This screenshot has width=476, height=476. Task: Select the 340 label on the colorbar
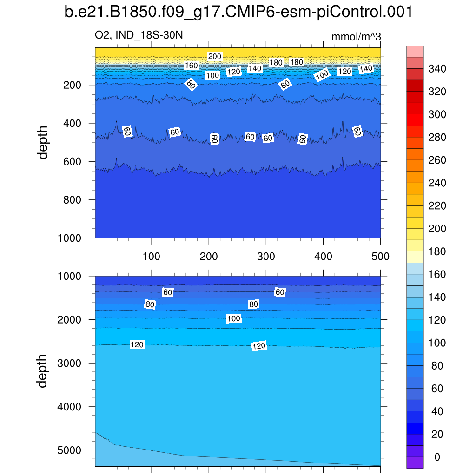(x=437, y=69)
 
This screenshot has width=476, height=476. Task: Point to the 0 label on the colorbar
(x=436, y=457)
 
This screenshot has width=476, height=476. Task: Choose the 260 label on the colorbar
(x=437, y=160)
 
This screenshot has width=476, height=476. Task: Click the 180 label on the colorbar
(x=437, y=252)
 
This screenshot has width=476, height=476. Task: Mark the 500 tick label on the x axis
(x=380, y=256)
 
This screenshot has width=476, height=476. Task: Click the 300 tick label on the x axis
(x=266, y=256)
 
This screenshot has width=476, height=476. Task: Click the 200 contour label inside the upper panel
(x=215, y=57)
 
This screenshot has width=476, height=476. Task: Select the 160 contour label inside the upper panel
(x=191, y=66)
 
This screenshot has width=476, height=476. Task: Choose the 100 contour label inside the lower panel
(x=234, y=318)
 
